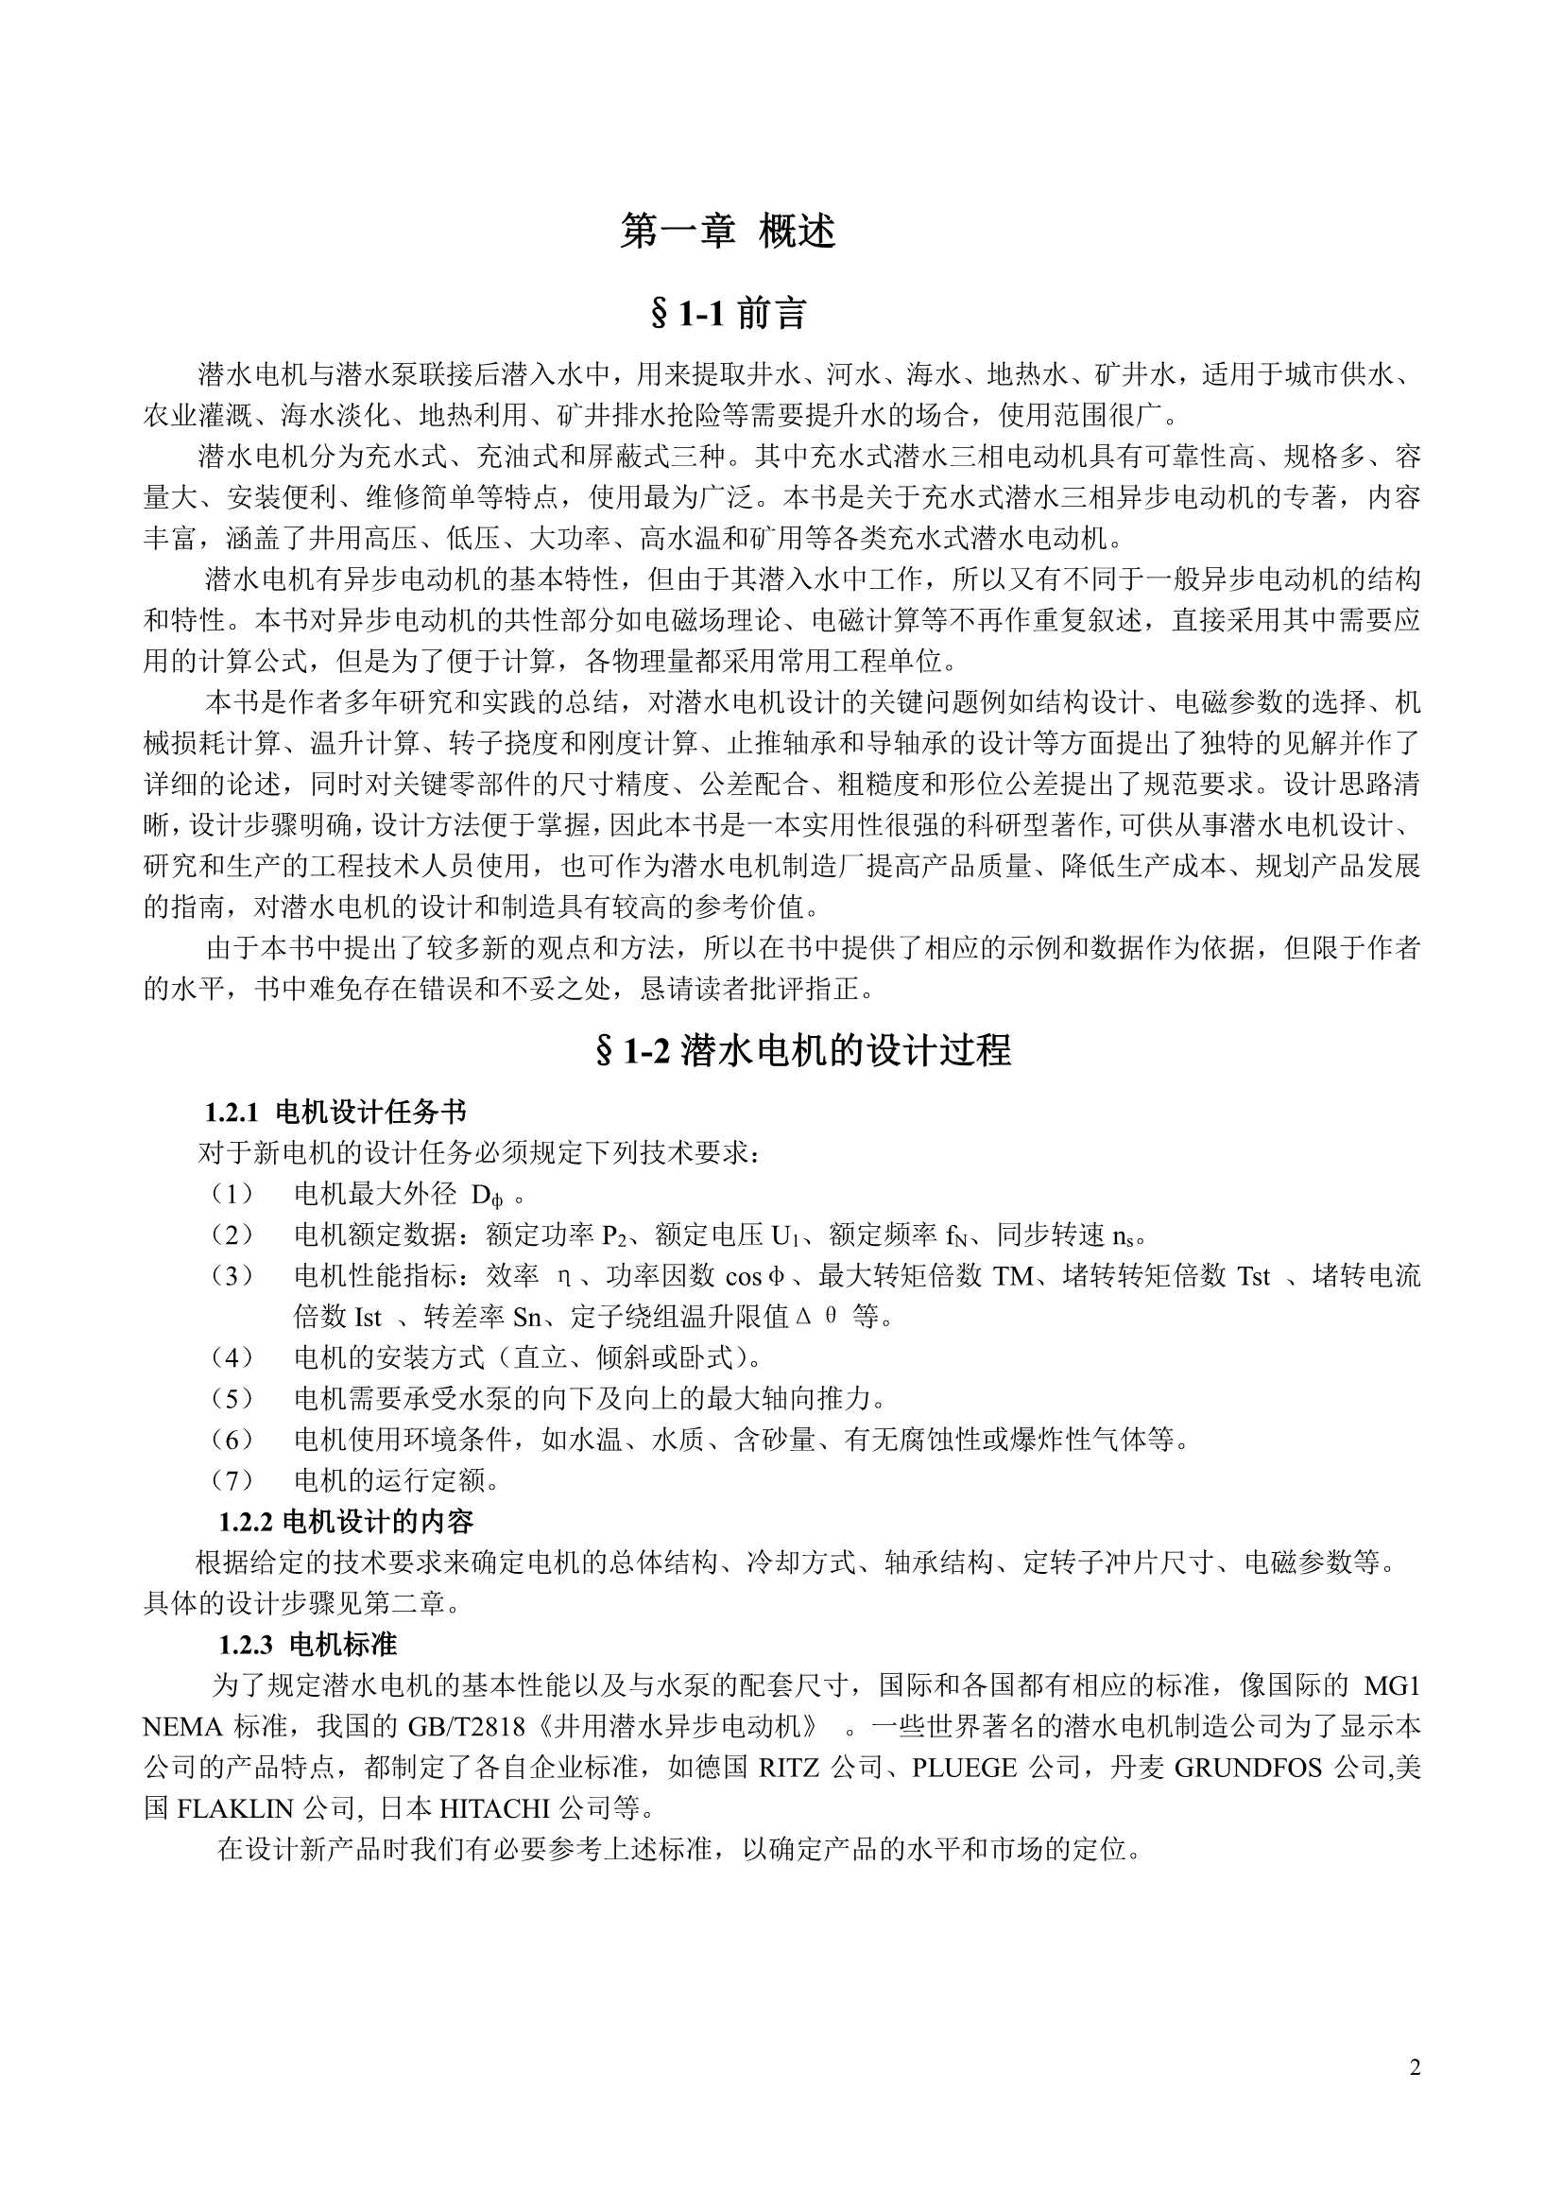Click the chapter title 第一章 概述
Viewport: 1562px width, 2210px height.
pyautogui.click(x=728, y=232)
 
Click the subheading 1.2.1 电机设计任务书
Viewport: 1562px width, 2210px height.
pyautogui.click(x=335, y=1113)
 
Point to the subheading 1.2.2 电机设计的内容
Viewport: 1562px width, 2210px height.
pyautogui.click(x=347, y=1522)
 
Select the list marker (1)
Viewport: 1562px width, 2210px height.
pyautogui.click(x=232, y=1195)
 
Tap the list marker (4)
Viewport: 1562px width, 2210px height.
pyautogui.click(x=232, y=1358)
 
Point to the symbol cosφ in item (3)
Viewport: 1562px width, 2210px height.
pyautogui.click(x=758, y=1276)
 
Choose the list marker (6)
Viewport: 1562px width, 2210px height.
pyautogui.click(x=232, y=1440)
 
